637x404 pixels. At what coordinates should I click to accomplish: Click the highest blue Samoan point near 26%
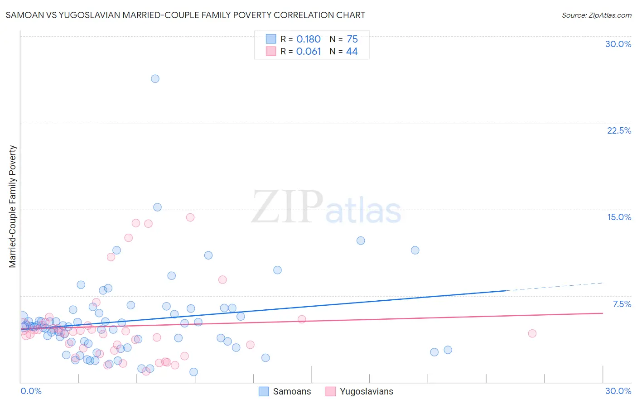[x=155, y=79]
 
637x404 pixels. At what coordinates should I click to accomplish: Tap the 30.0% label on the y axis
[x=618, y=44]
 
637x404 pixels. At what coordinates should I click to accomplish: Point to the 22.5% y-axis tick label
[x=619, y=130]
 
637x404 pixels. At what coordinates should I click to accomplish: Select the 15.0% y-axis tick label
[x=619, y=217]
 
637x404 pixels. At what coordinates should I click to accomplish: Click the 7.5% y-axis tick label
[x=622, y=304]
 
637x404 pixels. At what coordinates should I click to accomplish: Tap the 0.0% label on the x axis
[x=31, y=391]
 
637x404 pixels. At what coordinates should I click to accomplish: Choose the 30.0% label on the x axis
[x=618, y=391]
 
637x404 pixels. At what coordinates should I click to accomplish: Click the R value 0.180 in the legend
[x=308, y=39]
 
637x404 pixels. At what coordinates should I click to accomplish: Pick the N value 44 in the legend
[x=352, y=52]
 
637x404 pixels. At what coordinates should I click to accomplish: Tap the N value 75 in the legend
[x=352, y=39]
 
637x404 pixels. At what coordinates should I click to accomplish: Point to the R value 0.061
[x=308, y=52]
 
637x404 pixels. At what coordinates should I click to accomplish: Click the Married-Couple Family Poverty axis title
[x=13, y=207]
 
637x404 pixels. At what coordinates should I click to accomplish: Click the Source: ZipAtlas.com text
[x=596, y=15]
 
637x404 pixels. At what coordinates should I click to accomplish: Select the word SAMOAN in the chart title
[x=22, y=15]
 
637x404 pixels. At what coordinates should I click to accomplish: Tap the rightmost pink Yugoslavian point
[x=532, y=333]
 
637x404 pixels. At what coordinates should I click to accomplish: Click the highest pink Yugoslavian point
[x=190, y=217]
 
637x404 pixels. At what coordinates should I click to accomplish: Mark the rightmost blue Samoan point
[x=448, y=350]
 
